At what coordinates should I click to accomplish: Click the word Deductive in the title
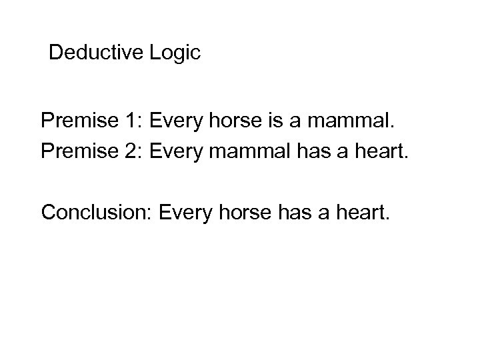click(x=95, y=53)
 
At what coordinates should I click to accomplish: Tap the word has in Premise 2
click(x=309, y=153)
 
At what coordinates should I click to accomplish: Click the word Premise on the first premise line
click(x=76, y=122)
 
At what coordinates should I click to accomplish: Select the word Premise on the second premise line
click(x=76, y=153)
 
